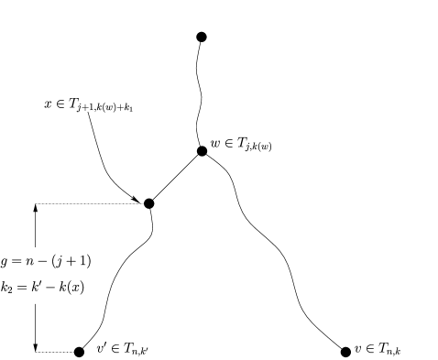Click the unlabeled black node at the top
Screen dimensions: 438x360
click(x=202, y=37)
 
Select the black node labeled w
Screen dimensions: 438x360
click(x=202, y=150)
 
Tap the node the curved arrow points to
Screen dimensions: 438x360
click(x=148, y=203)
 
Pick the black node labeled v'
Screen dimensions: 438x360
click(x=80, y=351)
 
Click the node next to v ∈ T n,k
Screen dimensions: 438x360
click(x=345, y=351)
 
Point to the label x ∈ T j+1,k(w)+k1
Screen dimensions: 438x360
click(x=89, y=105)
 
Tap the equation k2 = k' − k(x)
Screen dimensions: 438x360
click(x=47, y=285)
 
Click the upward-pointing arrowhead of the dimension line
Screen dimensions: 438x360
click(x=36, y=209)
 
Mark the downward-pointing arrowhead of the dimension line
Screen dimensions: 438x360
click(x=36, y=345)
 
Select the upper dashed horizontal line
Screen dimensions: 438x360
click(x=87, y=203)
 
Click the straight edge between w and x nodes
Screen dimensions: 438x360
click(x=175, y=177)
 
